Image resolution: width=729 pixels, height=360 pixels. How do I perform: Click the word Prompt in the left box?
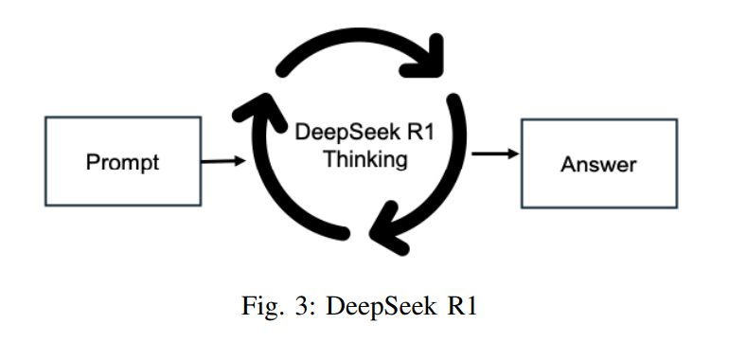click(x=123, y=162)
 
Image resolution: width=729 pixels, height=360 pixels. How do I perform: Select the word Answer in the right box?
click(x=598, y=164)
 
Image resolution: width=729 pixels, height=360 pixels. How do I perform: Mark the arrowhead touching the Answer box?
click(x=514, y=153)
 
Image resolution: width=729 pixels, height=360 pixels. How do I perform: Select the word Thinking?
click(x=365, y=158)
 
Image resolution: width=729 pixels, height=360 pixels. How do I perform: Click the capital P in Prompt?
click(x=92, y=162)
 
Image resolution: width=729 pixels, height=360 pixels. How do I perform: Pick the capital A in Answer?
click(x=568, y=164)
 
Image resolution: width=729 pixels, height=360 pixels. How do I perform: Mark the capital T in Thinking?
click(x=329, y=158)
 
